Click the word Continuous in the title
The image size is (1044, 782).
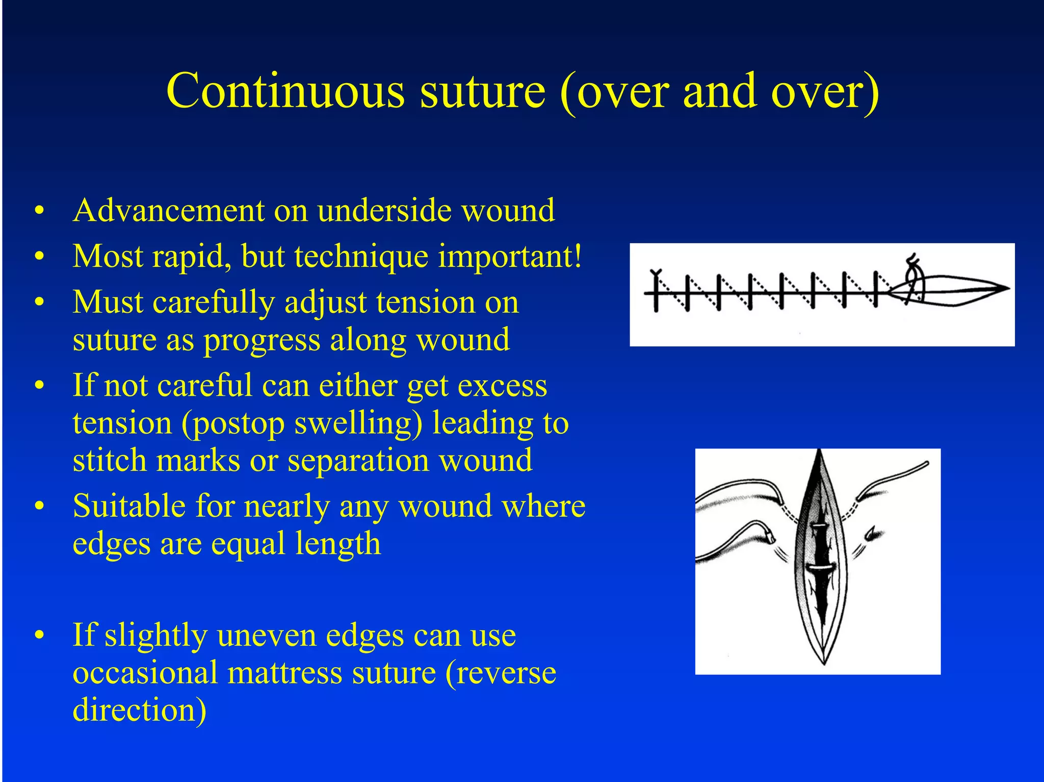coord(285,92)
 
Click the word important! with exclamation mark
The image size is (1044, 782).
coord(510,257)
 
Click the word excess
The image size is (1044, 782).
coord(502,386)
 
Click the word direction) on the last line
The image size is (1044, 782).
coord(139,710)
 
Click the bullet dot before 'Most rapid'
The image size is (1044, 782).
coord(40,257)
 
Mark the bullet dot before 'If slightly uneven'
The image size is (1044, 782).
coord(40,636)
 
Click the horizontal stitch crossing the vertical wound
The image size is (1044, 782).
coord(820,567)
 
